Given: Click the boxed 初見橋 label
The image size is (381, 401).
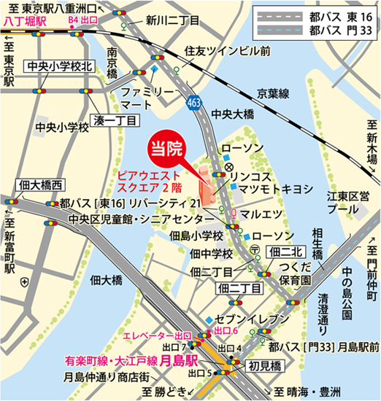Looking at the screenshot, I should (x=261, y=365).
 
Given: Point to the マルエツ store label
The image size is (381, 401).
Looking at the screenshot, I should (x=263, y=215).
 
